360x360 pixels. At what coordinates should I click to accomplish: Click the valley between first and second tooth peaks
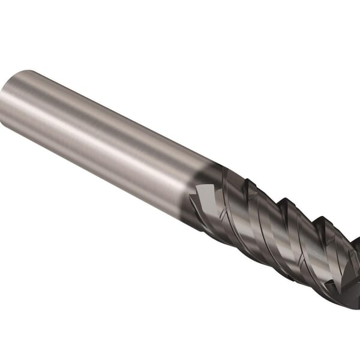coord(252,189)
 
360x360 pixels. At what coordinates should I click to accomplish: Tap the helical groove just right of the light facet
coord(231,204)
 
